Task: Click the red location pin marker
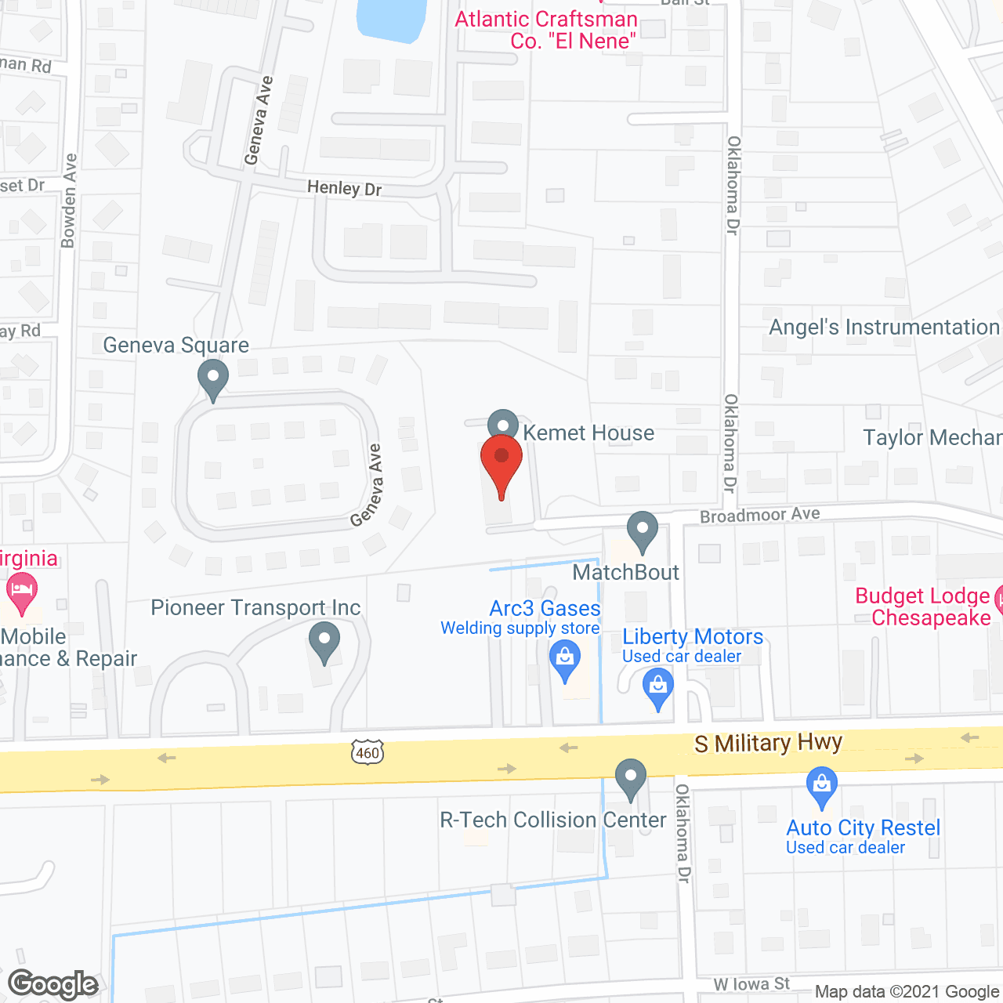(501, 462)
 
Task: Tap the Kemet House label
(588, 433)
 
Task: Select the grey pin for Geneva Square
(213, 379)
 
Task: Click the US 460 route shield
(367, 751)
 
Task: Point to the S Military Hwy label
(768, 742)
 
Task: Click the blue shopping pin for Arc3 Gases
(565, 659)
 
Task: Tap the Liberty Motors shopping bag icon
(658, 689)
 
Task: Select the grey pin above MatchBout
(643, 530)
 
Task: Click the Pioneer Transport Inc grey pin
(324, 641)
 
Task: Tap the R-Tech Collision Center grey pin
(631, 778)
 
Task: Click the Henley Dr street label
(344, 188)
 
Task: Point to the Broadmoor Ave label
(759, 515)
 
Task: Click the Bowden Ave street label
(69, 201)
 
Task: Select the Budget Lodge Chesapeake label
(923, 607)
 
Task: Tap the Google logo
(53, 984)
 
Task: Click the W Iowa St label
(751, 984)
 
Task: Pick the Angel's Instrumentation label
(884, 327)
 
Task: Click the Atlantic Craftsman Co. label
(546, 30)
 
